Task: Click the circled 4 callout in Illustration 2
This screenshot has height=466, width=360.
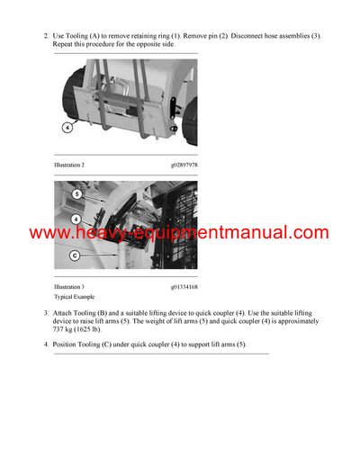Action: coord(67,128)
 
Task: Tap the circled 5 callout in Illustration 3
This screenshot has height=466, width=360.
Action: coord(76,193)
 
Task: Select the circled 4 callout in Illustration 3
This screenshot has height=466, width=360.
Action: coord(76,219)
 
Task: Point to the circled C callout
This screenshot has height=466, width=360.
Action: coord(76,255)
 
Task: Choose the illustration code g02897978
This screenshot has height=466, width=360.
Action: coord(184,165)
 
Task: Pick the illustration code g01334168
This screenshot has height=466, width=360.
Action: coord(184,287)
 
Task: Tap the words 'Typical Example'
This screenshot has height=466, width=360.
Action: coord(74,297)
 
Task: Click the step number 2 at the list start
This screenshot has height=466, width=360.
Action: coord(46,36)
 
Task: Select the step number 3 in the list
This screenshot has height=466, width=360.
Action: coord(46,313)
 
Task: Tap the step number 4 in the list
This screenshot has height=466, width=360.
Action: coord(46,345)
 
